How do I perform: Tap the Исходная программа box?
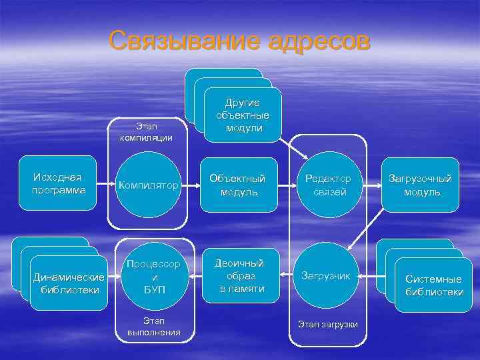click(x=58, y=183)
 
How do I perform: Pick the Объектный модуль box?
click(x=237, y=185)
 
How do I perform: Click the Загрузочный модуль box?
click(x=421, y=185)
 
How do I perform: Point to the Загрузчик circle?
click(x=326, y=275)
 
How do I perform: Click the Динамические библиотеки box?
click(x=69, y=283)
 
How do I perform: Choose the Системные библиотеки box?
click(x=433, y=285)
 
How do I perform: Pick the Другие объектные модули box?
click(x=243, y=115)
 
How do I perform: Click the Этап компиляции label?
click(x=146, y=132)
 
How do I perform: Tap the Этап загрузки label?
click(x=327, y=324)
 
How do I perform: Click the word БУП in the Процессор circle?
click(x=154, y=290)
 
